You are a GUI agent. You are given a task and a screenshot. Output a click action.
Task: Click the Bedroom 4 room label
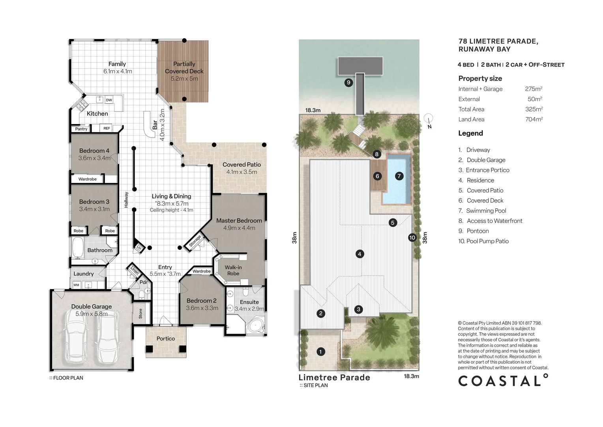pos(94,151)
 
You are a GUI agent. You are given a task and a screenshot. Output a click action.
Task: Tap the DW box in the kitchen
pos(109,100)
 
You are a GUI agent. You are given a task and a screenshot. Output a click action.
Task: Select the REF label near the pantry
pos(107,128)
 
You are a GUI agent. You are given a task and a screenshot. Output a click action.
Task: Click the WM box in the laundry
pos(77,285)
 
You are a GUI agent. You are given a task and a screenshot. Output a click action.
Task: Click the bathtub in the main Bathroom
pos(78,248)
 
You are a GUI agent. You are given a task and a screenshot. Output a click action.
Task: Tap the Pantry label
pos(81,129)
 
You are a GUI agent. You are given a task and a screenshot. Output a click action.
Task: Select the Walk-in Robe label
pos(233,270)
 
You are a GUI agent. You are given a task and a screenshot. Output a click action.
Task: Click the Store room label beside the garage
pos(140,314)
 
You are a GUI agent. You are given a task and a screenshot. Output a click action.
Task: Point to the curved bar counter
pos(149,125)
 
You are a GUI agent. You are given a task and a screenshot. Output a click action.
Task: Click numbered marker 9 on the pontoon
pos(348,82)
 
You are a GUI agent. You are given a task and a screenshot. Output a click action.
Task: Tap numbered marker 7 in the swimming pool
pos(399,176)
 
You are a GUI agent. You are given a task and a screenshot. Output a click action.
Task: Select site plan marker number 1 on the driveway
pos(320,351)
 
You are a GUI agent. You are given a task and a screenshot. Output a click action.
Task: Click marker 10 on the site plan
pos(412,237)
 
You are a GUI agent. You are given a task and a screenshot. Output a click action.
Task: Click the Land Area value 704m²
pos(534,119)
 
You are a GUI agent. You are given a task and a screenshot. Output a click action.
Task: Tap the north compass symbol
pos(428,121)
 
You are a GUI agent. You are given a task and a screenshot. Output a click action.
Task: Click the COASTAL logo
pos(503,380)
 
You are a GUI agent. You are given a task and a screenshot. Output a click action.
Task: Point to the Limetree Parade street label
pos(334,377)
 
